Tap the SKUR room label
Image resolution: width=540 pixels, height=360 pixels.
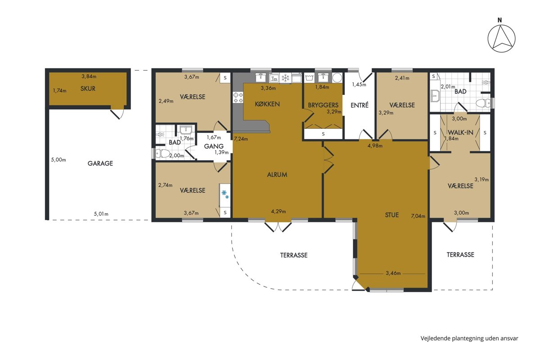coord(88,89)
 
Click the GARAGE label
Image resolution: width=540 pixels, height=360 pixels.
coord(100,163)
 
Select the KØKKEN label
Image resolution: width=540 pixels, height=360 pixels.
coord(267,104)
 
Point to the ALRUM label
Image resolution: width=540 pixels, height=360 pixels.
coord(277,175)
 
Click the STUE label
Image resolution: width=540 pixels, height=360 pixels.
coord(392,215)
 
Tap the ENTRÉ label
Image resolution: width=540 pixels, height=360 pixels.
coord(360,105)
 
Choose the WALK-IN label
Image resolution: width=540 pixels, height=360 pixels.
coord(460,132)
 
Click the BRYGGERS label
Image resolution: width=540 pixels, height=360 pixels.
coord(323,105)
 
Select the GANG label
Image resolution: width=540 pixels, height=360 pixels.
coord(214,146)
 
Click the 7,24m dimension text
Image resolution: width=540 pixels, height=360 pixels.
coord(241,139)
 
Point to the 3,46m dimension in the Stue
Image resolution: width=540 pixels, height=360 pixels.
coord(393,273)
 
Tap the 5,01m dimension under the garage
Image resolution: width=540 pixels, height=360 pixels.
coord(101,214)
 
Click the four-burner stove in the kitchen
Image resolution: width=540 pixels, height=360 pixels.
coord(238,97)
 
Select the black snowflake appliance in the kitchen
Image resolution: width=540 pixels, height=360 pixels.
coord(286,78)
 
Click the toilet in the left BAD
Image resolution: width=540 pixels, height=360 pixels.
coord(162,153)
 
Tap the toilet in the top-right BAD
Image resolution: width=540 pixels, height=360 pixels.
coord(483,103)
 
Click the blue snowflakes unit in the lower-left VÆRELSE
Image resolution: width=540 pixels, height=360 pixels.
coord(225,195)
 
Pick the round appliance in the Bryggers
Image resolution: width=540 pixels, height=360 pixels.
coord(337,78)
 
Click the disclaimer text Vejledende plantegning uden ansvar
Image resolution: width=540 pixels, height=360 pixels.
coord(469,338)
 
